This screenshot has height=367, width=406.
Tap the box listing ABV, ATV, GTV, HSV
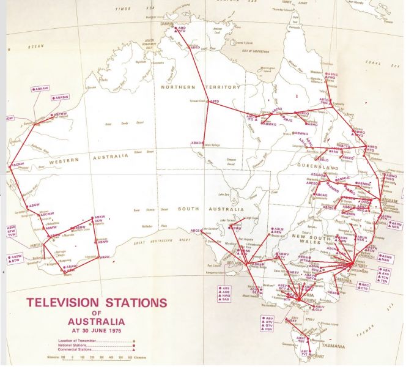270,323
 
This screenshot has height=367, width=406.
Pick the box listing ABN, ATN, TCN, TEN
385,275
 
